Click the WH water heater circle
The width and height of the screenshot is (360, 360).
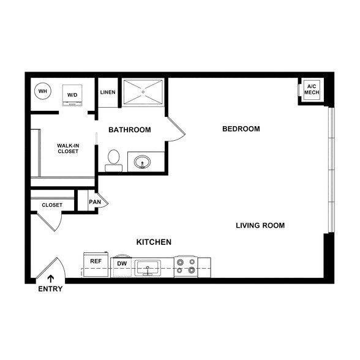coord(43,91)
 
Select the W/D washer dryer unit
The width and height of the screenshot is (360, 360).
coord(72,96)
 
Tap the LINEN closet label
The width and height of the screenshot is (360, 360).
coord(108,92)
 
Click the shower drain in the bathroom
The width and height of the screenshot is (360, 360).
coord(143,92)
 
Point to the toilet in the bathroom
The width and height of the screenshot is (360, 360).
coord(113,160)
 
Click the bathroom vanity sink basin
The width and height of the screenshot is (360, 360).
coord(142,162)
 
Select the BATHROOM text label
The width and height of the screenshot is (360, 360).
coord(130,130)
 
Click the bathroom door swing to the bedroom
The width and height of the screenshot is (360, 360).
coord(176,129)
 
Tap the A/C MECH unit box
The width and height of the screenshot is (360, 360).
coord(312,90)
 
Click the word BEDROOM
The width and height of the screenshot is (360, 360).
coord(241,129)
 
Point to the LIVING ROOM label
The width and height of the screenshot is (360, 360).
coord(260,225)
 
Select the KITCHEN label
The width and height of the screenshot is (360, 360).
coord(154,242)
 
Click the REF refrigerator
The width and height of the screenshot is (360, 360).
coord(96,264)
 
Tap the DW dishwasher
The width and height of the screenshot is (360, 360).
coord(121,266)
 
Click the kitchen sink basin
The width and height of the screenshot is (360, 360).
coord(148,268)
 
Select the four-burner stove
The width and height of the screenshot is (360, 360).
coord(186,266)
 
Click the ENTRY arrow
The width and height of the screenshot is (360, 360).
coord(50,279)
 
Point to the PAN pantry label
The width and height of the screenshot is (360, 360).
coord(95,202)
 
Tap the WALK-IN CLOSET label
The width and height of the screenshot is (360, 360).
coord(68,149)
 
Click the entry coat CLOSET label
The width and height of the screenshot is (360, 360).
coord(52,205)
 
